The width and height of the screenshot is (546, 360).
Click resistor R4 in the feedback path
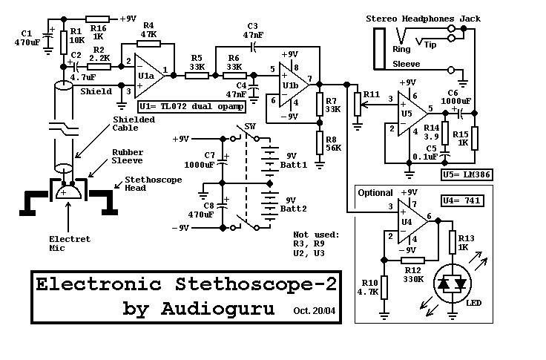click(148, 44)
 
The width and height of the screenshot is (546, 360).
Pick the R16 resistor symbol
click(97, 19)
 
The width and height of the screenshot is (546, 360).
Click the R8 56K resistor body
click(320, 143)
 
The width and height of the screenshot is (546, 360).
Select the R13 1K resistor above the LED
click(453, 242)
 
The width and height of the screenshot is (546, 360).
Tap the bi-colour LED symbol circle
click(453, 284)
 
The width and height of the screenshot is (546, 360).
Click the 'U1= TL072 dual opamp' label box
click(192, 107)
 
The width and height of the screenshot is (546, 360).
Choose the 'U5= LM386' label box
click(467, 174)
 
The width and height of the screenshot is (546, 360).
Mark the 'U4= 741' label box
click(462, 200)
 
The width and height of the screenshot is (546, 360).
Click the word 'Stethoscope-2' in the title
click(256, 285)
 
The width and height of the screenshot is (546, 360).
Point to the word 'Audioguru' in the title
click(217, 309)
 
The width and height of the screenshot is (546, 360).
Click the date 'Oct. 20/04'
click(315, 311)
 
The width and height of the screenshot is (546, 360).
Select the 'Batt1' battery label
click(294, 165)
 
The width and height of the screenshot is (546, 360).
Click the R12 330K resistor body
click(412, 261)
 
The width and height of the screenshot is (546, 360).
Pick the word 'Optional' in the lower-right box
click(375, 193)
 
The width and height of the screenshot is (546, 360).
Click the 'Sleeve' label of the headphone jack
click(406, 64)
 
